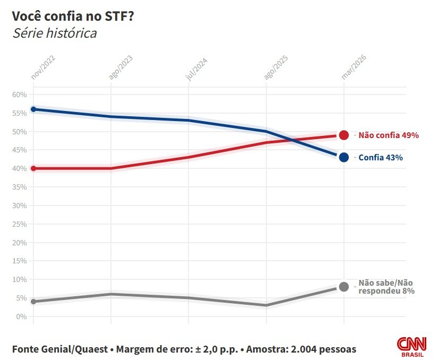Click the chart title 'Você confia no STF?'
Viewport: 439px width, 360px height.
click(x=73, y=16)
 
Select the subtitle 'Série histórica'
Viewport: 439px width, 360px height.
click(x=54, y=33)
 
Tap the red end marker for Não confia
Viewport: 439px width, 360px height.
click(x=343, y=135)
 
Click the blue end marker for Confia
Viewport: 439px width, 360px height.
click(x=343, y=157)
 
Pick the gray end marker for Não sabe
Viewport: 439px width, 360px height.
click(x=343, y=287)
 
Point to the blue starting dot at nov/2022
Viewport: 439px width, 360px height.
click(x=33, y=109)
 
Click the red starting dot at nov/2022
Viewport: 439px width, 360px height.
click(x=33, y=168)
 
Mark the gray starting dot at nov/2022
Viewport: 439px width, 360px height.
click(x=33, y=302)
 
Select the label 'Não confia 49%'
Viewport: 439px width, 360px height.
click(x=389, y=135)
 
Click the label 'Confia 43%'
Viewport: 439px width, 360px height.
click(x=381, y=158)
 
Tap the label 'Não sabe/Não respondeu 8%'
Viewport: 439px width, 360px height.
click(x=386, y=287)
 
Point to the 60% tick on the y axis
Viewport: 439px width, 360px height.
click(x=19, y=95)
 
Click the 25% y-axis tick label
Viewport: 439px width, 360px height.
click(x=19, y=224)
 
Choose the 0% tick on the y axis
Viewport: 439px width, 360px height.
click(x=21, y=316)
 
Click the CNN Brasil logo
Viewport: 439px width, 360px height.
click(x=411, y=348)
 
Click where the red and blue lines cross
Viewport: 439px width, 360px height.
click(x=291, y=139)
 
